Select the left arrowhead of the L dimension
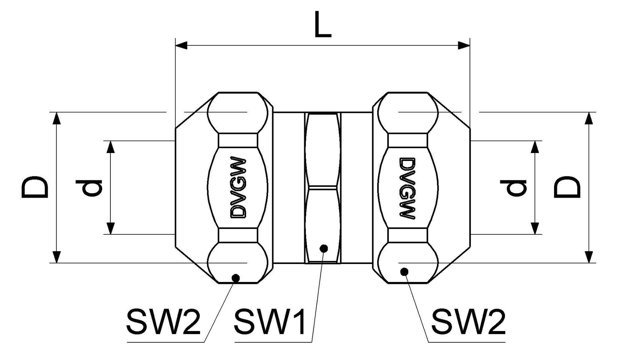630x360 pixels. tap(181, 45)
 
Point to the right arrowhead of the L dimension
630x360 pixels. tap(464, 45)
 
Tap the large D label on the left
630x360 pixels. tap(35, 187)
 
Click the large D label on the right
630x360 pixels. tap(567, 187)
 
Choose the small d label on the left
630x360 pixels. tap(88, 188)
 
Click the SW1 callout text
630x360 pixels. tap(269, 322)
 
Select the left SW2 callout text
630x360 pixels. tap(163, 322)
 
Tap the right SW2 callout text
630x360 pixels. tap(468, 322)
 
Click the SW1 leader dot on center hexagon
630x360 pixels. tap(324, 248)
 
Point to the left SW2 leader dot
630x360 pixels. tap(236, 277)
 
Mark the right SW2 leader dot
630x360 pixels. tap(405, 272)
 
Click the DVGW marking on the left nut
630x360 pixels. tap(238, 187)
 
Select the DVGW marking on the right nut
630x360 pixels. tap(407, 188)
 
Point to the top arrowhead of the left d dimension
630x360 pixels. tap(110, 147)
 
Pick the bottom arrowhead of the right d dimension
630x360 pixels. tap(535, 228)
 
